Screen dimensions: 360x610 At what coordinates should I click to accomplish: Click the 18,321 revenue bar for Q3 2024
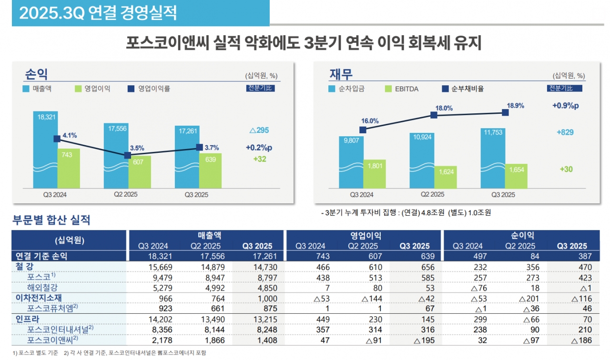[45, 148]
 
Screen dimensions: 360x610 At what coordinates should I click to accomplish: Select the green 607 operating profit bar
[139, 171]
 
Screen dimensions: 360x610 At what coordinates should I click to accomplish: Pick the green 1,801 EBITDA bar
[375, 174]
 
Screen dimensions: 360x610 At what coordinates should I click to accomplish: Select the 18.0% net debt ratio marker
[434, 115]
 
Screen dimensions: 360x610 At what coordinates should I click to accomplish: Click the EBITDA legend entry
[406, 89]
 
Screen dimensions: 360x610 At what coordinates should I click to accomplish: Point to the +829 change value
[565, 132]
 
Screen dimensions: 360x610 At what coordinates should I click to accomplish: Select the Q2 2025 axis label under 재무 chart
[433, 194]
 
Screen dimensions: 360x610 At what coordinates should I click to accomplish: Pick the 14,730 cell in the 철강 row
[260, 267]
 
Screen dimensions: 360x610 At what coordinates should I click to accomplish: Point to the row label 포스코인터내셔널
[60, 330]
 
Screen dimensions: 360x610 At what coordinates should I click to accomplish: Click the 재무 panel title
[341, 75]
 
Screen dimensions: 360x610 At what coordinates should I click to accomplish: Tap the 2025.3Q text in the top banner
[52, 13]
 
